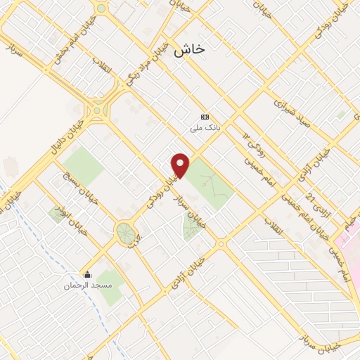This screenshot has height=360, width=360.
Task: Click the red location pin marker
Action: point(181,165)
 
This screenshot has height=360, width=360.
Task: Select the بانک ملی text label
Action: point(205,129)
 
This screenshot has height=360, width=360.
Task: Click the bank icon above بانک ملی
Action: point(205,117)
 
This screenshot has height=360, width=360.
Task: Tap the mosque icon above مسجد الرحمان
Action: point(87,274)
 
